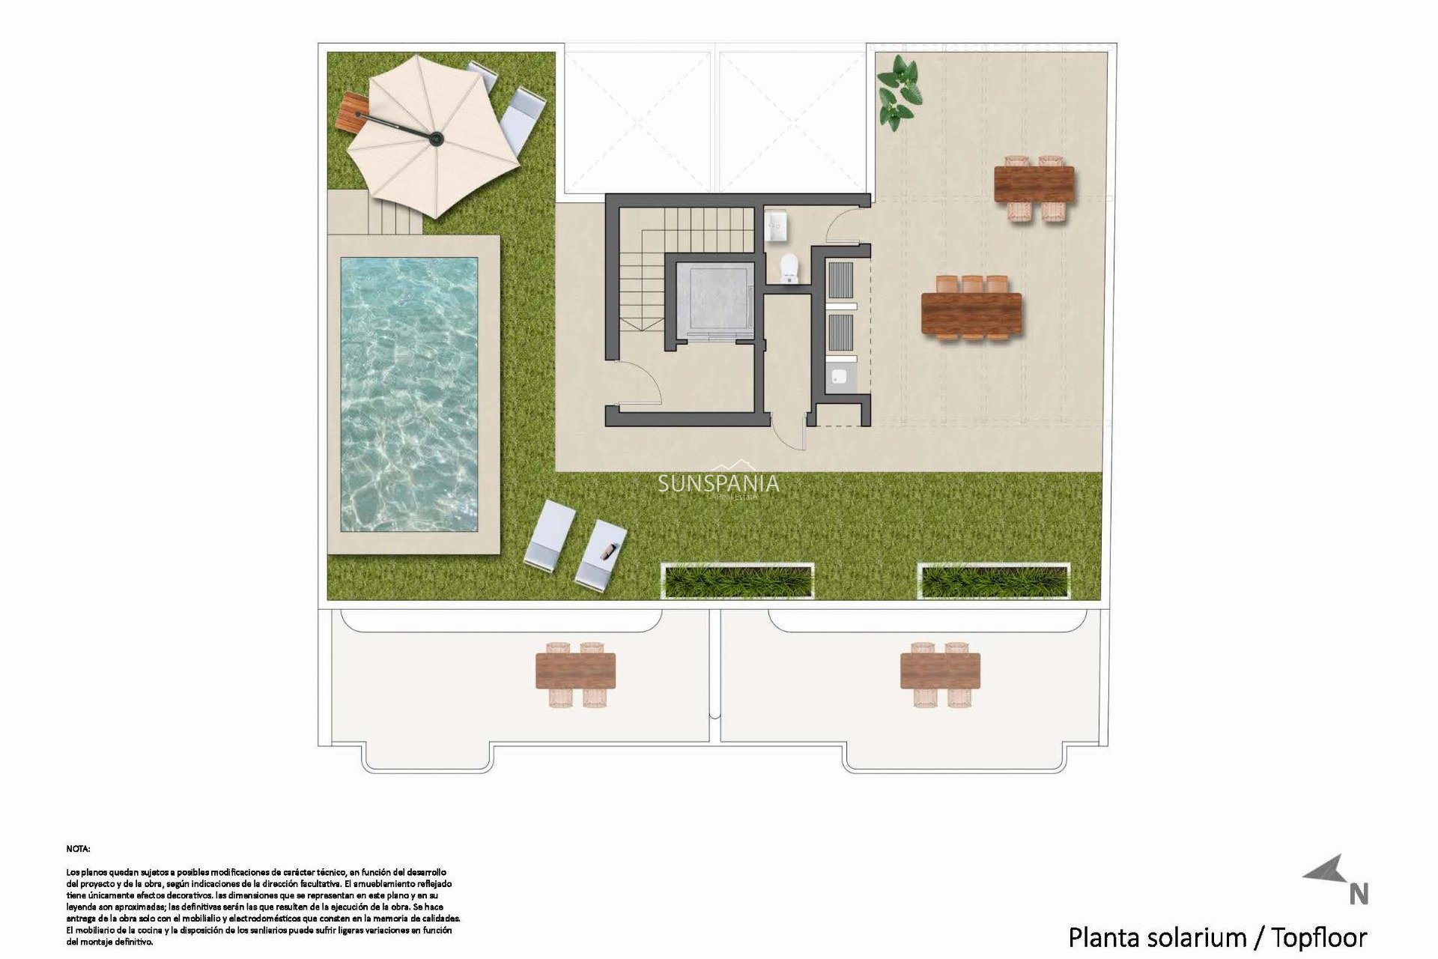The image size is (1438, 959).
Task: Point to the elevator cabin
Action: tap(714, 300)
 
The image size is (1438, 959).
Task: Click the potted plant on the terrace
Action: tap(899, 92)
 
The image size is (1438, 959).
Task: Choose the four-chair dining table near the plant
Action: tap(1034, 184)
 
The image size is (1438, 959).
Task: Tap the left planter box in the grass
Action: tap(738, 581)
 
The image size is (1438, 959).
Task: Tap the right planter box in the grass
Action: tap(993, 581)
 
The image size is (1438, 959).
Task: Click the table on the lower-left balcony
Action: tap(575, 671)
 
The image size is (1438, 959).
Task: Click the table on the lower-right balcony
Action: tap(940, 671)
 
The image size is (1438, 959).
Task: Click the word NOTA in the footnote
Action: tap(78, 849)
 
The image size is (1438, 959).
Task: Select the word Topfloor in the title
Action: tap(1319, 937)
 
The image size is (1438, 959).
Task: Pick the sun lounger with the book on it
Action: tap(601, 553)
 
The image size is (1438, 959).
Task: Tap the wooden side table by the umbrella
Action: tap(352, 113)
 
